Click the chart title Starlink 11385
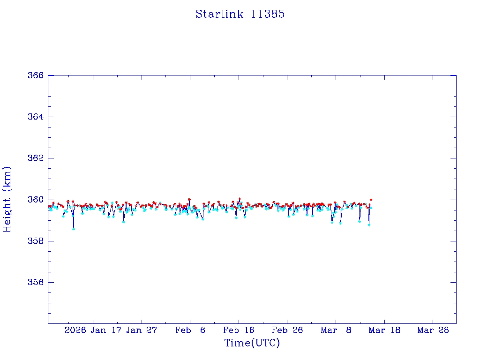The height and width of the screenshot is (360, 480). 240,14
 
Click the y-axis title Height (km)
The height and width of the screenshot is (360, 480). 7,199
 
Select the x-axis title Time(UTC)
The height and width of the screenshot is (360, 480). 252,343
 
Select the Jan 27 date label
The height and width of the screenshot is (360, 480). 142,330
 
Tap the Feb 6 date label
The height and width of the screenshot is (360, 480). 190,330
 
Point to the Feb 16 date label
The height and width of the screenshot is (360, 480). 239,330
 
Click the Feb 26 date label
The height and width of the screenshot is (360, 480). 287,330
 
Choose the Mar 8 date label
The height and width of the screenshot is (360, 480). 336,330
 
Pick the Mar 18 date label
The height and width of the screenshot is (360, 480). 385,330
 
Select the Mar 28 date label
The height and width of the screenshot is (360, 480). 433,330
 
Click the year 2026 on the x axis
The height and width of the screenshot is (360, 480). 75,330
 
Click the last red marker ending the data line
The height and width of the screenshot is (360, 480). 371,199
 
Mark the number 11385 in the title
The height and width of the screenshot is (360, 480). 268,14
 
